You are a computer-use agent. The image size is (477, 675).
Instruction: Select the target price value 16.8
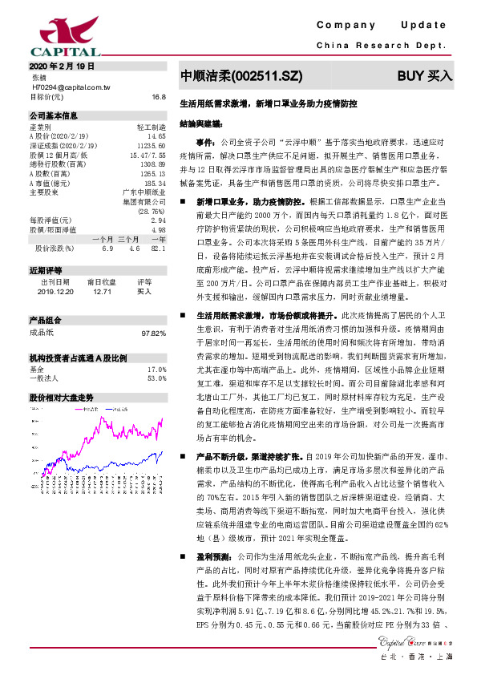[158, 96]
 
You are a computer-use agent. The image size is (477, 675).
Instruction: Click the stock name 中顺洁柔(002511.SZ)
[241, 76]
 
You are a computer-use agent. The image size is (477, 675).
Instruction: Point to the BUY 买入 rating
[425, 76]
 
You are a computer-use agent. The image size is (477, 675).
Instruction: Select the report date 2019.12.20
[55, 293]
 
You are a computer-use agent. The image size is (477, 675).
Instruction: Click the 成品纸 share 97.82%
[153, 332]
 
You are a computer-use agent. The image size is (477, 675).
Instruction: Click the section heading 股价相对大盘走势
[61, 398]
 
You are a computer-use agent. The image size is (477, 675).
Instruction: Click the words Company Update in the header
[386, 26]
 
